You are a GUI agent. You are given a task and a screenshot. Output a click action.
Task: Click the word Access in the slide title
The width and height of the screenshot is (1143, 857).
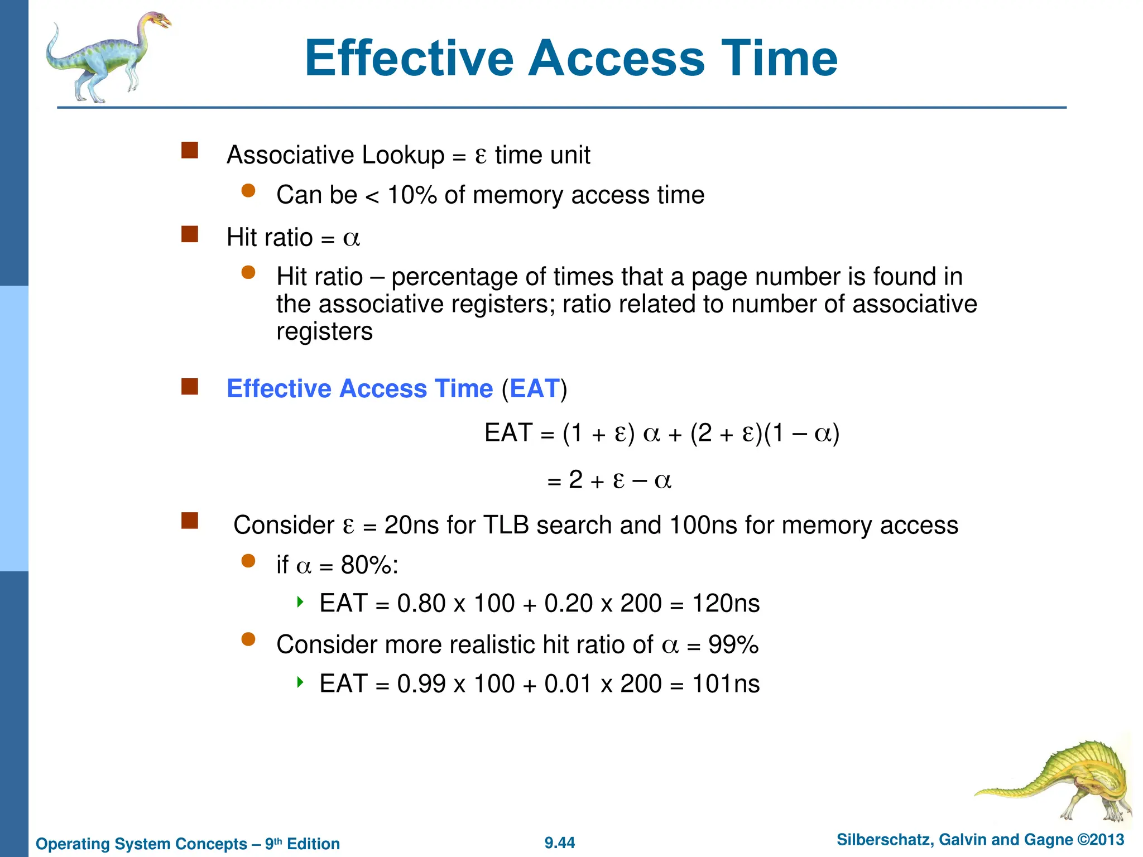pyautogui.click(x=617, y=59)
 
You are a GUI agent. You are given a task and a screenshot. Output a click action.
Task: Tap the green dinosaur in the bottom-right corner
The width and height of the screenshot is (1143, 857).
pyautogui.click(x=1060, y=781)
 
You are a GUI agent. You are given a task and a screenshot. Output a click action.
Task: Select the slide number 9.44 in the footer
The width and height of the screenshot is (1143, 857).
pyautogui.click(x=560, y=843)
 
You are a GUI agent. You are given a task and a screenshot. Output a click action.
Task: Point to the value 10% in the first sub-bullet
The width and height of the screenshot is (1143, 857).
pyautogui.click(x=412, y=195)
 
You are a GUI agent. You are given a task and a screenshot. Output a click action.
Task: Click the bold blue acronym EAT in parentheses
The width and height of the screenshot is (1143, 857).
pyautogui.click(x=534, y=389)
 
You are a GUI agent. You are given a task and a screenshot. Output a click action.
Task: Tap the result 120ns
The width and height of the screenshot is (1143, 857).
pyautogui.click(x=726, y=604)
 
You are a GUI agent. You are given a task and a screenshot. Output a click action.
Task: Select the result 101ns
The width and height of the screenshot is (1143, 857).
pyautogui.click(x=726, y=684)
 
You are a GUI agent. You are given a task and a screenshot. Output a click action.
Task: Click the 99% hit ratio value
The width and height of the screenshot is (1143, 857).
pyautogui.click(x=733, y=645)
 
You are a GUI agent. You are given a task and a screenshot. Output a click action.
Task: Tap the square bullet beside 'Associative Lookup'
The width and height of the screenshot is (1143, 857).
pyautogui.click(x=190, y=151)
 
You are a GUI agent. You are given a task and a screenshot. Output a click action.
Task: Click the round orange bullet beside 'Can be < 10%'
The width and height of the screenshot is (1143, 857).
pyautogui.click(x=248, y=191)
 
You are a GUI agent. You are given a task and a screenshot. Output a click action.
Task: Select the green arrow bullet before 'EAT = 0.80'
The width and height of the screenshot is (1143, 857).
pyautogui.click(x=300, y=601)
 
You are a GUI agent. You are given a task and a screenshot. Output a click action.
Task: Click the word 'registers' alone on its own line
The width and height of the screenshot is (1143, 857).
pyautogui.click(x=324, y=332)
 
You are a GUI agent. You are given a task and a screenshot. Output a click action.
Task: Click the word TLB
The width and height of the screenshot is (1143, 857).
pyautogui.click(x=506, y=526)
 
